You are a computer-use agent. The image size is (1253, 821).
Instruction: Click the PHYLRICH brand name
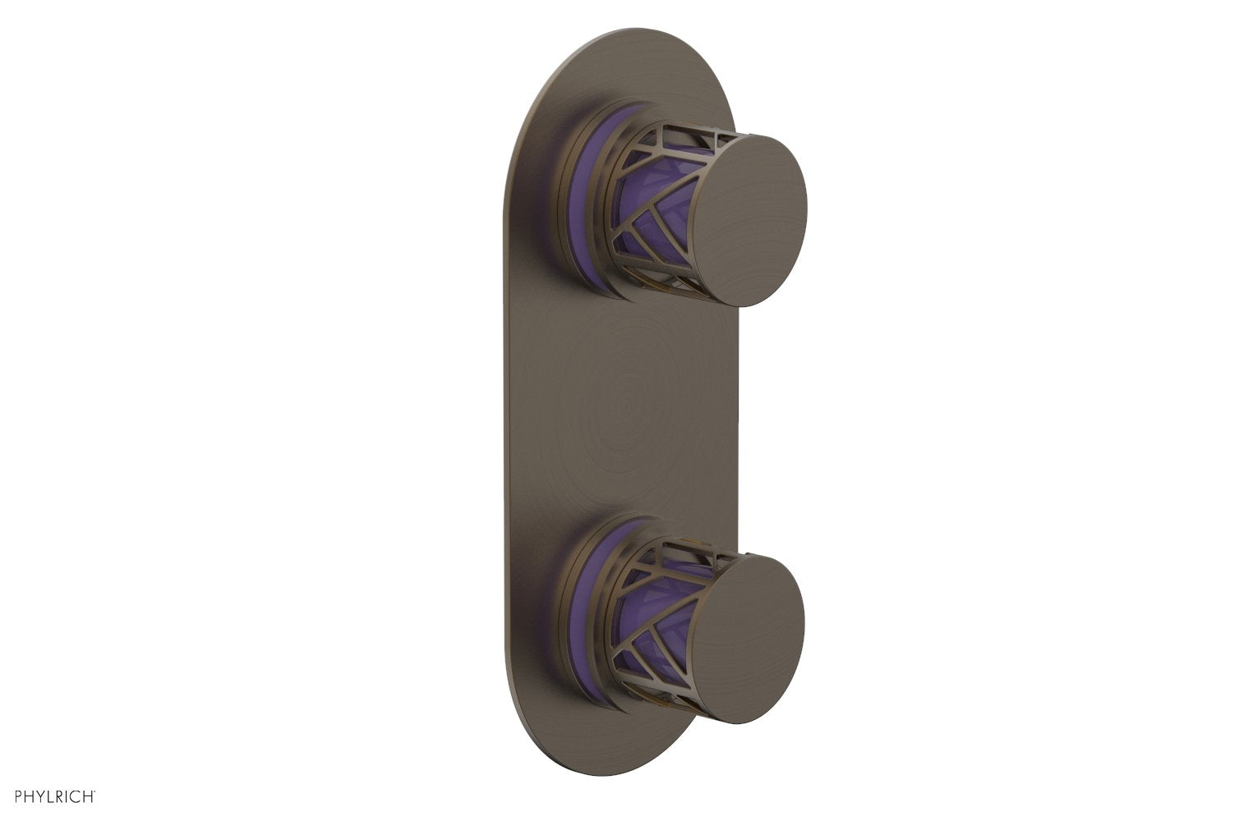tap(54, 796)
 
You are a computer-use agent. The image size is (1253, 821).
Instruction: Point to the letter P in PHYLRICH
tap(19, 796)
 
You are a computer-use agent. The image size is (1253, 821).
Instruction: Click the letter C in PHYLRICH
tap(77, 796)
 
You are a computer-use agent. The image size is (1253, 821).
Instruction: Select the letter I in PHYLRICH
tap(70, 796)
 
